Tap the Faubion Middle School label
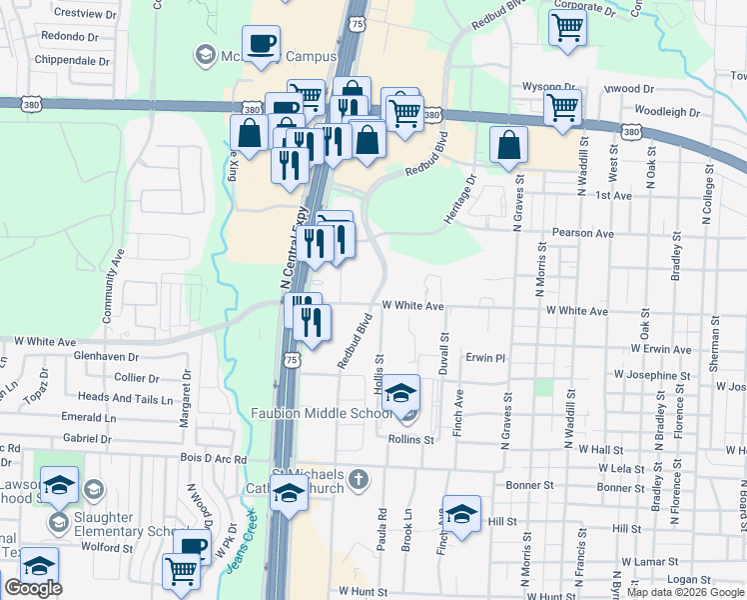coord(322,413)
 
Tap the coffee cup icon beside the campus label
coord(262,44)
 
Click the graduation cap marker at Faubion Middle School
coord(401,394)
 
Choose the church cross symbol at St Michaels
coord(362,480)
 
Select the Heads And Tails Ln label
coord(125,397)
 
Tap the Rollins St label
coord(411,439)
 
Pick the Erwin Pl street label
coord(487,357)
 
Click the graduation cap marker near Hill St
coord(461,513)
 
